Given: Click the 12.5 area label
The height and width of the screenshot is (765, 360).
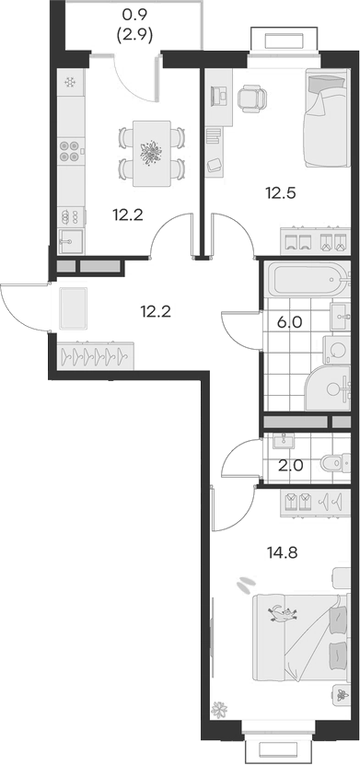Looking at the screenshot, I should tap(280, 193).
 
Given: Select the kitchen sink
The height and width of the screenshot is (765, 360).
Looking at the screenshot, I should tap(70, 241).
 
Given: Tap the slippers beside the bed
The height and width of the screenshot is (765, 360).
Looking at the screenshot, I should tap(246, 584).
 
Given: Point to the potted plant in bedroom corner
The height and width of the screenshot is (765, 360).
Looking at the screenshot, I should tap(220, 710).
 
